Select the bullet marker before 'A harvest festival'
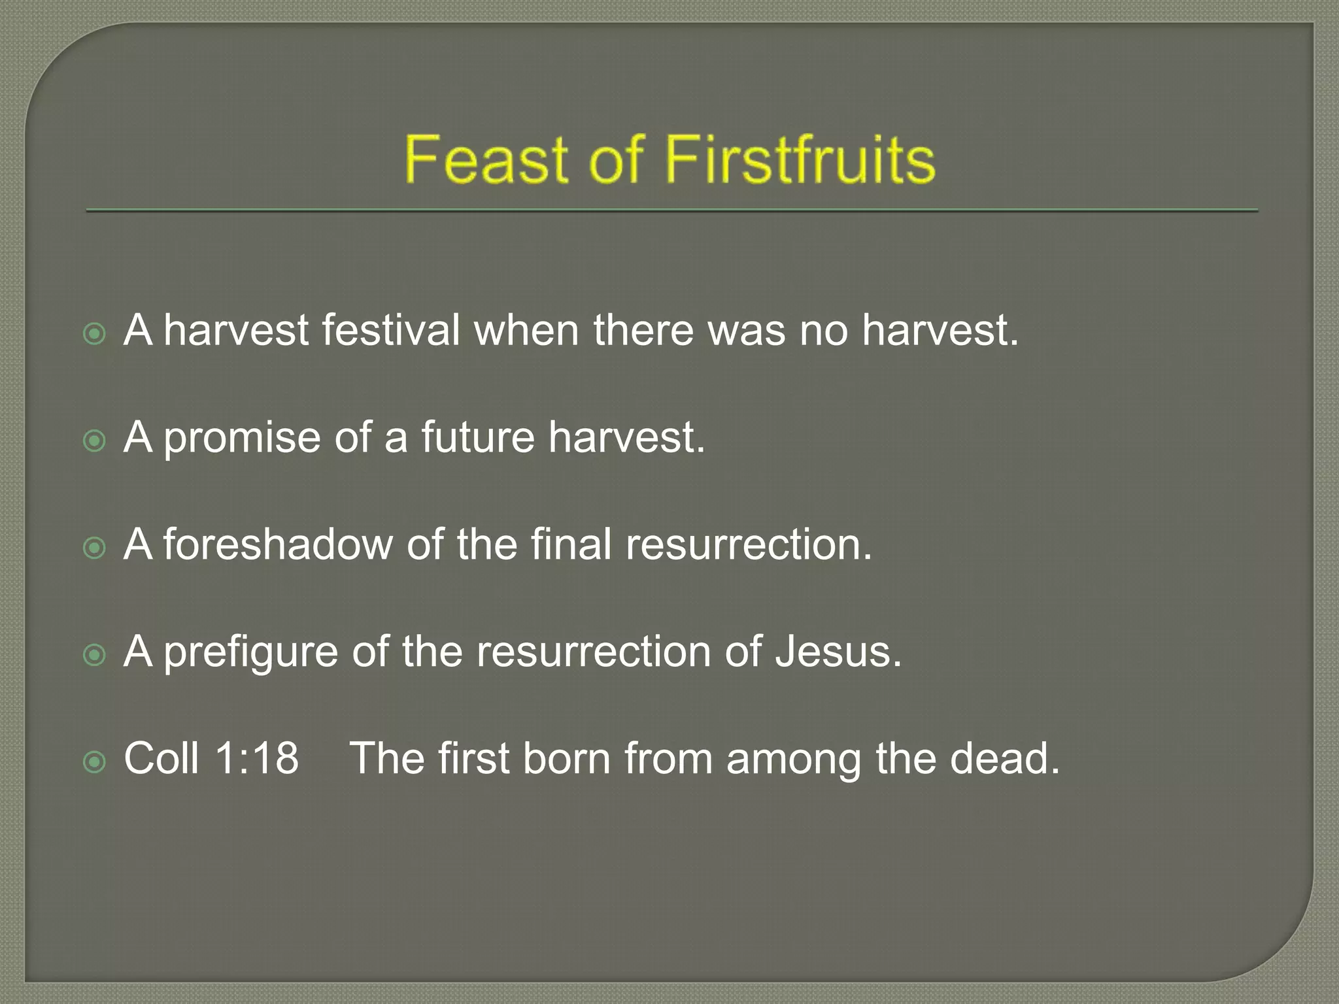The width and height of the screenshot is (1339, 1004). [x=95, y=334]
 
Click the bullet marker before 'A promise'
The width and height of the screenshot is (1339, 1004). [x=95, y=441]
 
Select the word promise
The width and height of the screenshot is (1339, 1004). [x=242, y=438]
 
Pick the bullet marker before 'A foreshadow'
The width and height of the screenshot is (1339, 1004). [x=95, y=548]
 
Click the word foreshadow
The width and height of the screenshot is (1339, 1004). [x=277, y=544]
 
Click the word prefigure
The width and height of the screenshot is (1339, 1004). [x=251, y=652]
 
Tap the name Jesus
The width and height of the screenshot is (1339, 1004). [x=838, y=652]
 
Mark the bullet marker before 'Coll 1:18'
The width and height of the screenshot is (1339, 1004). [x=95, y=761]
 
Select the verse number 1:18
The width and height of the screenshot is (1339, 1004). [x=256, y=758]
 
